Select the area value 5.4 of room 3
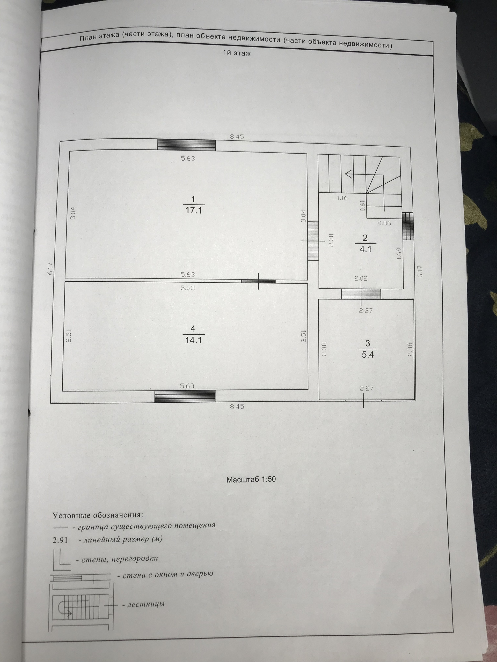pyautogui.click(x=368, y=355)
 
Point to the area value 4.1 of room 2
pyautogui.click(x=366, y=249)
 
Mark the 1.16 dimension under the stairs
pyautogui.click(x=342, y=198)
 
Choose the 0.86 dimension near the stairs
pyautogui.click(x=384, y=223)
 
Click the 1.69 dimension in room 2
pyautogui.click(x=399, y=253)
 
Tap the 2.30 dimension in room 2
pyautogui.click(x=331, y=240)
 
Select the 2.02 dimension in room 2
pyautogui.click(x=361, y=278)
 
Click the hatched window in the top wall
pyautogui.click(x=186, y=145)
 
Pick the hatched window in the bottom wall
pyautogui.click(x=185, y=396)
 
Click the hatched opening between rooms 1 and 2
pyautogui.click(x=313, y=240)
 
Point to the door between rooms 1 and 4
pyautogui.click(x=258, y=281)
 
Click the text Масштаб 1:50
pyautogui.click(x=251, y=479)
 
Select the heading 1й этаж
pyautogui.click(x=236, y=53)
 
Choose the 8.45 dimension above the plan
pyautogui.click(x=237, y=137)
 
